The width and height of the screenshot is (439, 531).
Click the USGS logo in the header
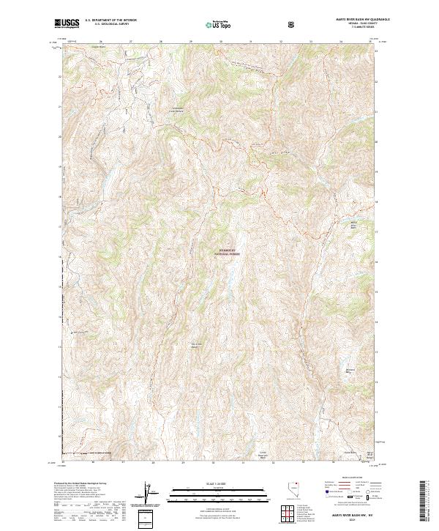point(67,23)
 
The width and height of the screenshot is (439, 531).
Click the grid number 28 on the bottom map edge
point(152,462)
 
